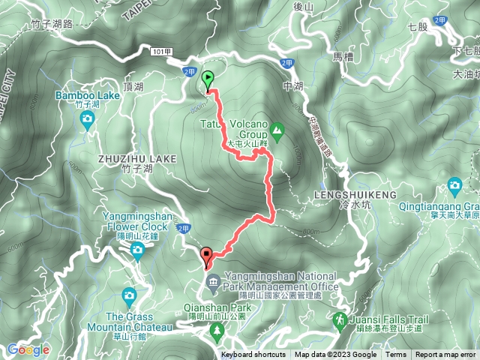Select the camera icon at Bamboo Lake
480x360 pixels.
(88, 119)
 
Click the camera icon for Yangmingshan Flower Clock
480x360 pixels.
(136, 252)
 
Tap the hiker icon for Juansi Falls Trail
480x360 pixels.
(340, 320)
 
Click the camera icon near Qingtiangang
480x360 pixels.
(454, 185)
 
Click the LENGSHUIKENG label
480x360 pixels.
(341, 195)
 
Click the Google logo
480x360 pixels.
(28, 349)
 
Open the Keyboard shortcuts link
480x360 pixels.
(253, 355)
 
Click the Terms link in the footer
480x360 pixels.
(396, 355)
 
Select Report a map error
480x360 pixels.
(445, 355)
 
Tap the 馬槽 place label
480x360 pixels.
(342, 56)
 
